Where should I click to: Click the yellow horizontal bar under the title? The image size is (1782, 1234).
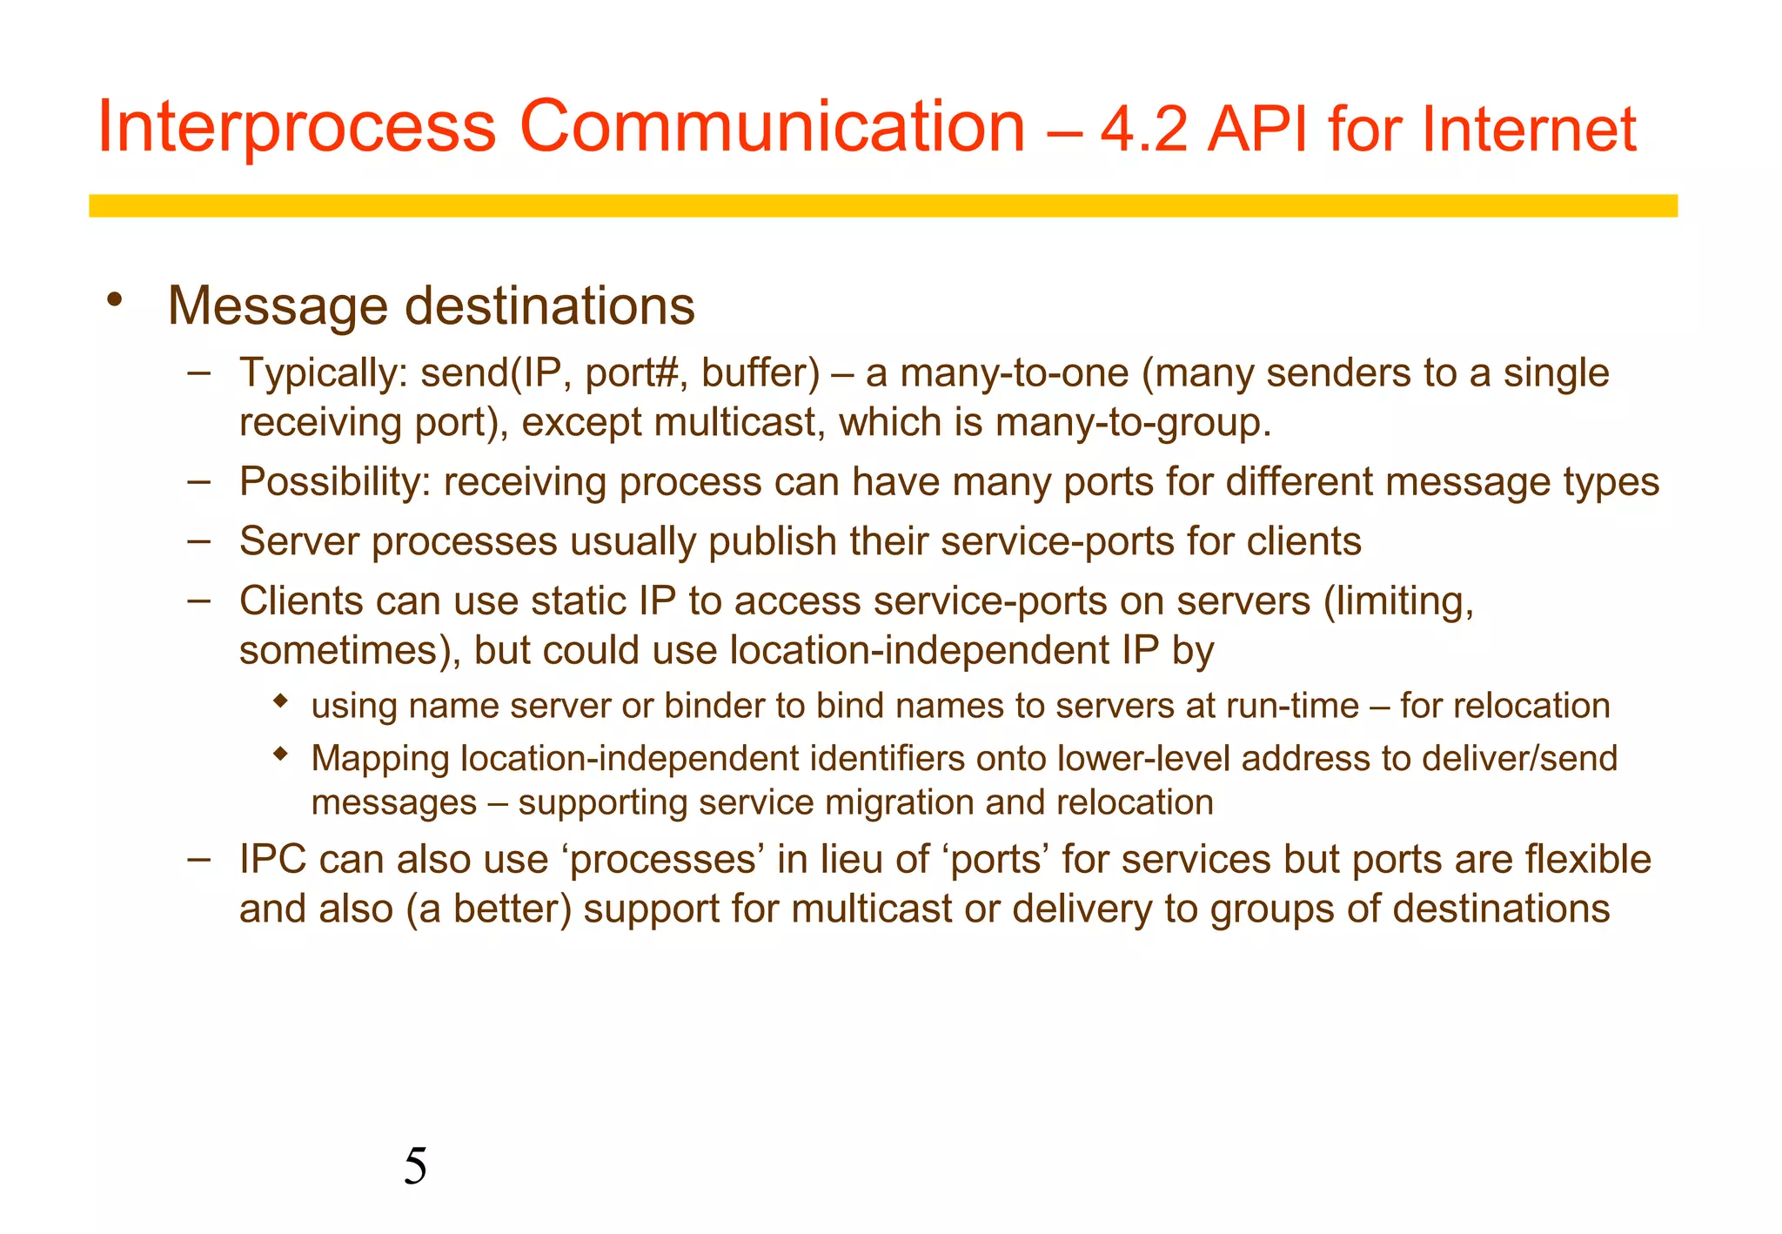coord(882,205)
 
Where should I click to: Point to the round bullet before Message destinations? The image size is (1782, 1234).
coord(114,300)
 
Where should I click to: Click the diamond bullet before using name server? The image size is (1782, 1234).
coord(280,701)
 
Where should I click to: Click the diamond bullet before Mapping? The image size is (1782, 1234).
coord(280,754)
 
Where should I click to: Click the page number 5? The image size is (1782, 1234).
coord(415,1166)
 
